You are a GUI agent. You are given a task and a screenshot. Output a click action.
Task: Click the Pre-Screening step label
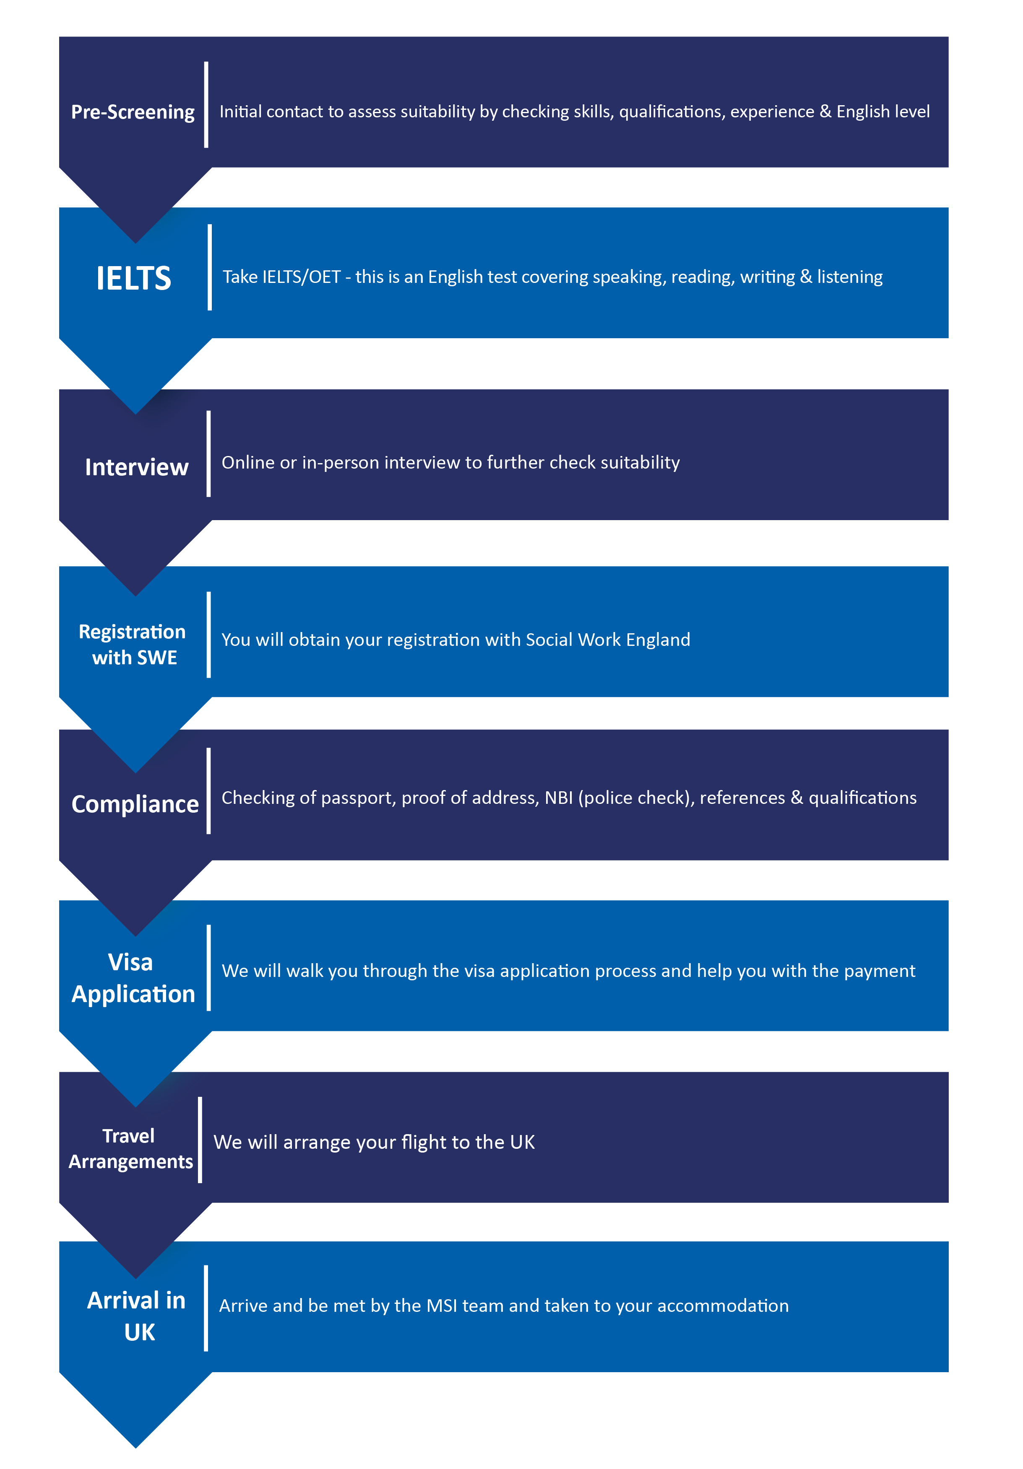click(x=133, y=112)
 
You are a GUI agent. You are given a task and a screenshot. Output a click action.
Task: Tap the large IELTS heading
click(x=134, y=278)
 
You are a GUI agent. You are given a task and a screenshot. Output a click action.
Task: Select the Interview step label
click(x=136, y=467)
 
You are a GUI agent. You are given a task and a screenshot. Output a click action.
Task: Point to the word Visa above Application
click(x=130, y=961)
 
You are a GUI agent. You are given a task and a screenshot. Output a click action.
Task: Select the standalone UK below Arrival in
click(x=140, y=1332)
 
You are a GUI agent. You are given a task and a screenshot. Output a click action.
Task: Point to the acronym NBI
click(x=558, y=798)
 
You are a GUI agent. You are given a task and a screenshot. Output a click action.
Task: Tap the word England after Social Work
click(x=658, y=640)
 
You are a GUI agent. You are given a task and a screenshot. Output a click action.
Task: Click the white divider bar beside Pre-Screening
click(x=206, y=105)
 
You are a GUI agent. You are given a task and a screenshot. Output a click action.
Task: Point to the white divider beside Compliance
click(x=209, y=791)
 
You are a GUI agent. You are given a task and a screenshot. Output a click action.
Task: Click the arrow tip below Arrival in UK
click(x=136, y=1448)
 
